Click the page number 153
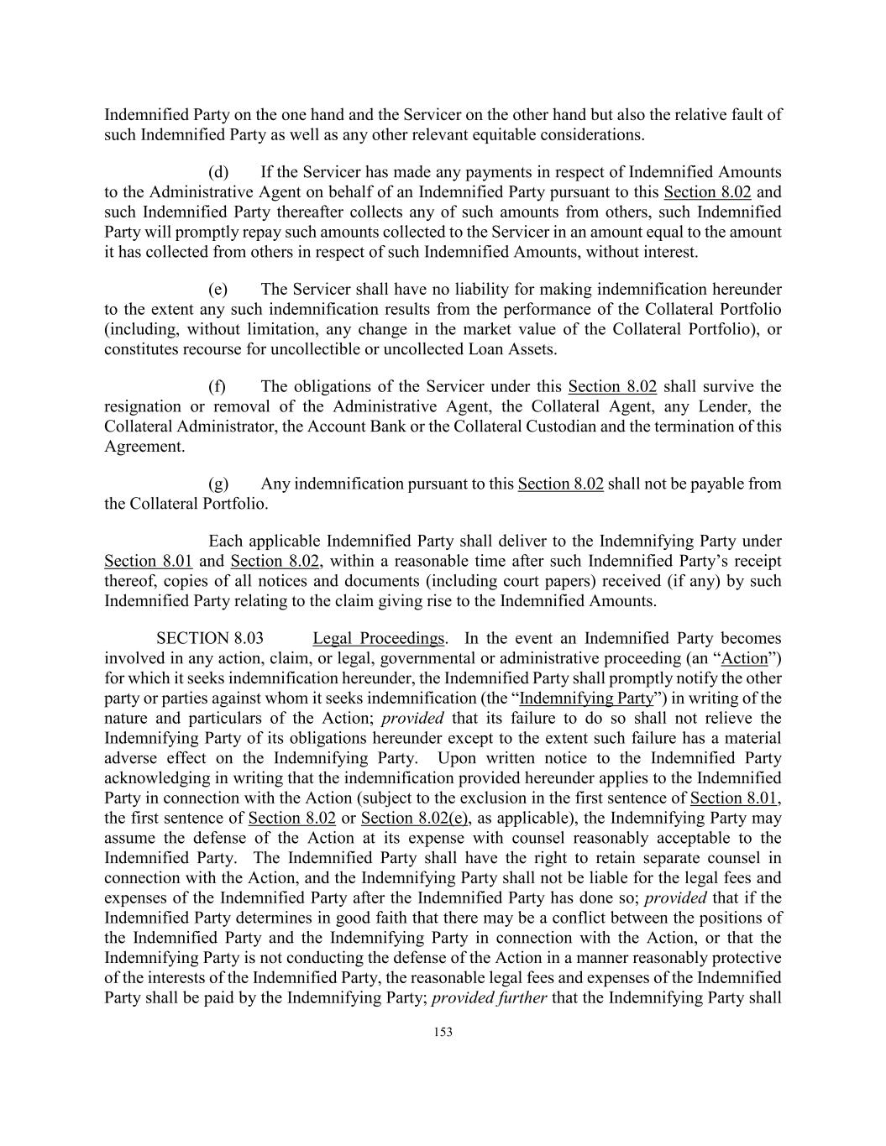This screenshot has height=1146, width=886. pos(443,1032)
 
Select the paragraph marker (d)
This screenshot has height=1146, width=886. pos(218,172)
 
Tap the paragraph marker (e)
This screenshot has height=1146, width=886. pos(218,290)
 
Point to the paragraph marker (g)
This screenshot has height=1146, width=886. pos(218,484)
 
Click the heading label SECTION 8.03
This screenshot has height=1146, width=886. pos(215,639)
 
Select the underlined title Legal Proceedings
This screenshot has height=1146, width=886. pos(378,639)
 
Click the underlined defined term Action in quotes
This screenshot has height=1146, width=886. pos(745,658)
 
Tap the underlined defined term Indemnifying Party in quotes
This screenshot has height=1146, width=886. pos(586,699)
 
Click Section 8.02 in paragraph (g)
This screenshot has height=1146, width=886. pos(560,484)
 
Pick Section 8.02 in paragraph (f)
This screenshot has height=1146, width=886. pos(612,386)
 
